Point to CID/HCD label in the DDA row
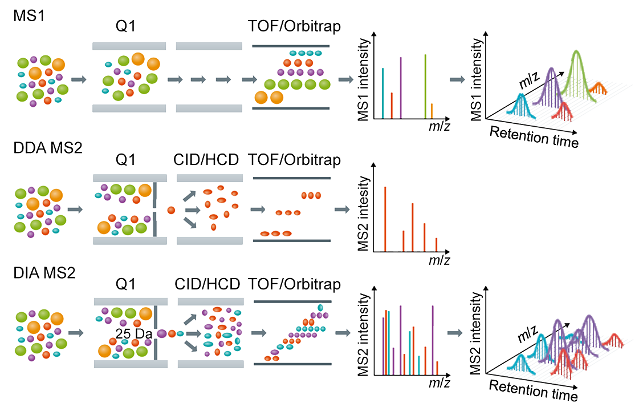pos(207,160)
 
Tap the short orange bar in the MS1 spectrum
pos(432,111)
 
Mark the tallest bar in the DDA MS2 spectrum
pos(385,219)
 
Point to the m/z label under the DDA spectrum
pos(439,260)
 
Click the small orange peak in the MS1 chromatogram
pos(597,88)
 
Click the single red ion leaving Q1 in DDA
pos(170,211)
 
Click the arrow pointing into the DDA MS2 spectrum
pos(342,210)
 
